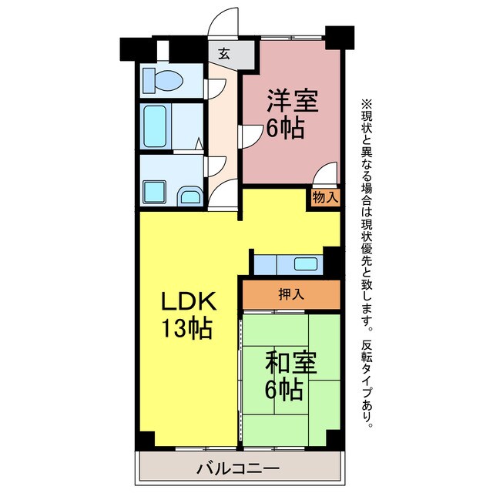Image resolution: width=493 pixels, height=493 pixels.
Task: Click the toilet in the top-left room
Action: [165, 79]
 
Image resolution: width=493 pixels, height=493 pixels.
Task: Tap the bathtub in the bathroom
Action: [156, 127]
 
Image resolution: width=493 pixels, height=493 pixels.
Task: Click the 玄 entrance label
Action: [223, 54]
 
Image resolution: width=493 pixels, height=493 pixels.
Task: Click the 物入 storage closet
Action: [325, 196]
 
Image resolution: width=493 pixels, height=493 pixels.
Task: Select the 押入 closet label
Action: [290, 293]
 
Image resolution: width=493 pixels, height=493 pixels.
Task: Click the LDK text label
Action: [187, 301]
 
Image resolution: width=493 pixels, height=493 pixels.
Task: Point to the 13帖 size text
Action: [187, 329]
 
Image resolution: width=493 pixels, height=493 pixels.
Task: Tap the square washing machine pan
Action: [154, 190]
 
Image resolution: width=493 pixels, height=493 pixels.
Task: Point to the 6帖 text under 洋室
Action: [285, 128]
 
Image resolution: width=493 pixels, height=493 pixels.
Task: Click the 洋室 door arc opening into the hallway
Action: [250, 137]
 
